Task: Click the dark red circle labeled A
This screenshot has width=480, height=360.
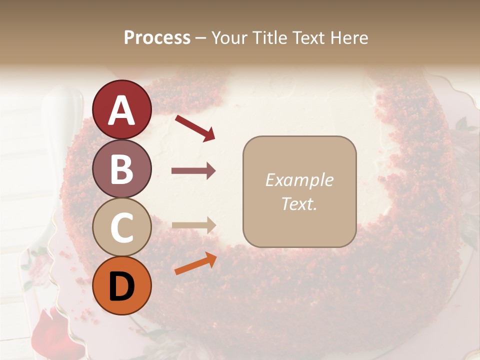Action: pos(121,109)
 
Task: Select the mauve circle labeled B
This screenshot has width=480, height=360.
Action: pos(121,168)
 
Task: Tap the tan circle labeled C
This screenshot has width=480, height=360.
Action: pos(121,227)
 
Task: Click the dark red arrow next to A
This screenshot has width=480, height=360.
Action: pos(195,128)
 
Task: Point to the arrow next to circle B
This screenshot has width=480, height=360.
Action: pos(193,171)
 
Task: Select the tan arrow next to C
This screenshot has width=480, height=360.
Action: pos(193,225)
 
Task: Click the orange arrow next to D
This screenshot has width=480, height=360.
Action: pos(195,264)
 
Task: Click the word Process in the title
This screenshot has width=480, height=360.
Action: pos(157,37)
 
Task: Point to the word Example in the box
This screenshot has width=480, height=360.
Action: pos(299,180)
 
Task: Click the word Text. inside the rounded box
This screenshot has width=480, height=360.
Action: pos(299,204)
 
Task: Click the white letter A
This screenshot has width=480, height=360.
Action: pos(121,110)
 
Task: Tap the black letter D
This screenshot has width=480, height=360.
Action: pos(121,285)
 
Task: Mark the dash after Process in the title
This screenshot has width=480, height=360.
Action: pos(200,38)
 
